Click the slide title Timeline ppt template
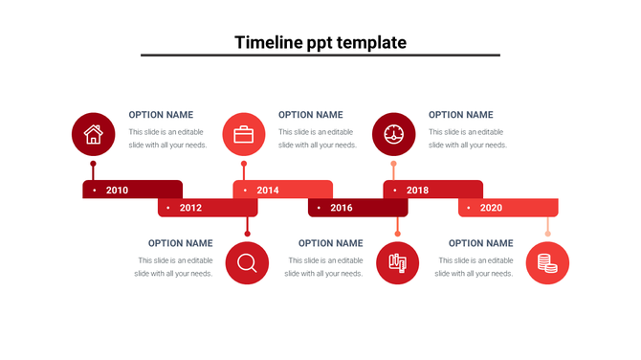320,42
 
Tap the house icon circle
93,134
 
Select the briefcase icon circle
244,134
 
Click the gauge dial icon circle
393,134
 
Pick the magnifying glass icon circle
247,262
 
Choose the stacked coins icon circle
547,263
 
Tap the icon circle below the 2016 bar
397,262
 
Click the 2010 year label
117,190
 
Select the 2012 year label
190,208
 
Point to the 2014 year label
268,190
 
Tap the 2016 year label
342,208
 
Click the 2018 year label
418,190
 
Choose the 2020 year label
491,208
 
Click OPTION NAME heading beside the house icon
161,115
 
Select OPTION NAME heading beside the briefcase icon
310,115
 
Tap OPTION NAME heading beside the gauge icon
461,115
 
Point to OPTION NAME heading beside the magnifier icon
180,243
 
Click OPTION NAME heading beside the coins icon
480,243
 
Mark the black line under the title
320,56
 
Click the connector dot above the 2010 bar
93,164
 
